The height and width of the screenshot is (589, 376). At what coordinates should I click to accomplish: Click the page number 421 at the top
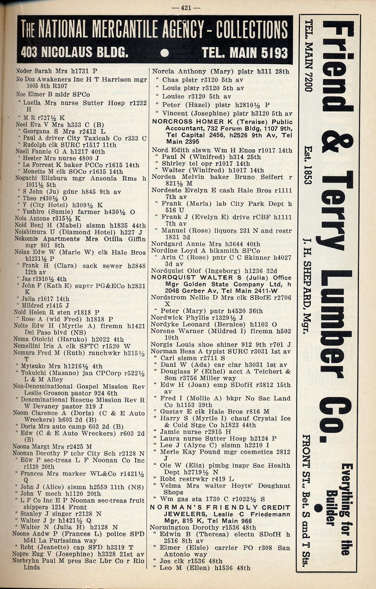click(191, 8)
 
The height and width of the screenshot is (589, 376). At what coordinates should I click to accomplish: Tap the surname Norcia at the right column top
click(163, 72)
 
